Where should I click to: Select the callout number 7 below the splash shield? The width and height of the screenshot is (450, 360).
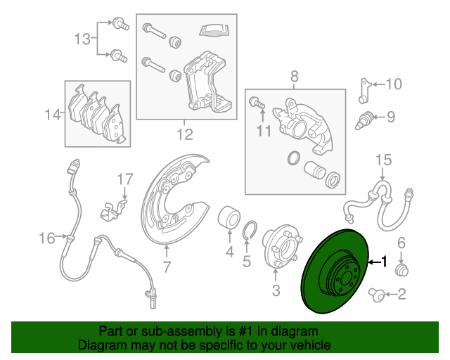(x=167, y=267)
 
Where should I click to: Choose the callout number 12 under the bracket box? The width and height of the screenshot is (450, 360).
(x=184, y=134)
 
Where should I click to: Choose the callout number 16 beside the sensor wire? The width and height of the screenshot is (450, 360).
(x=47, y=239)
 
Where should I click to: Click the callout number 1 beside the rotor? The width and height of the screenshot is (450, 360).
(x=384, y=262)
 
